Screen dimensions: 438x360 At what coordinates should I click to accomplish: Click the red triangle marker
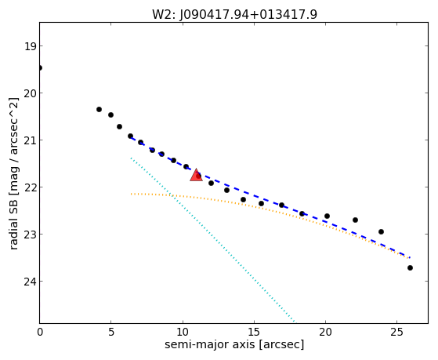click(196, 175)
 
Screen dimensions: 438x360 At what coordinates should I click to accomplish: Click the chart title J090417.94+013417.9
click(248, 15)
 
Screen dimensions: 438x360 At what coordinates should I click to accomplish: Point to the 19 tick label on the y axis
click(30, 46)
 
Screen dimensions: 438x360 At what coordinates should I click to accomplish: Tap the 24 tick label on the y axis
click(30, 282)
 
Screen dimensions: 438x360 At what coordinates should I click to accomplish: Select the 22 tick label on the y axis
click(30, 187)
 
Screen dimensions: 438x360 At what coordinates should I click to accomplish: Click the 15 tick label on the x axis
click(254, 332)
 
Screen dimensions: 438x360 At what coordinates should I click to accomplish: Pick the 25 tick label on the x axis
click(396, 332)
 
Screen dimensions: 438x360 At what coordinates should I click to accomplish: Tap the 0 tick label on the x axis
click(40, 332)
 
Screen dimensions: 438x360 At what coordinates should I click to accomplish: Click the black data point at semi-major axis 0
click(40, 67)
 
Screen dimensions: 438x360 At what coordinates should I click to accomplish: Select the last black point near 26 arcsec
click(410, 268)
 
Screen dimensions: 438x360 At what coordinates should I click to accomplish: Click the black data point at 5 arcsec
click(111, 115)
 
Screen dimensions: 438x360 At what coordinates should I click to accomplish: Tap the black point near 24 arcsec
click(381, 231)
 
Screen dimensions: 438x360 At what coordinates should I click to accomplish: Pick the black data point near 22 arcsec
click(355, 220)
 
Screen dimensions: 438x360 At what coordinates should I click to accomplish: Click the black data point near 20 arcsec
click(327, 216)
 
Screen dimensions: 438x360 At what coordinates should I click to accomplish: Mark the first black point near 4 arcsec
click(100, 109)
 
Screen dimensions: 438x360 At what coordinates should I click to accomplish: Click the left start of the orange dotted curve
click(131, 194)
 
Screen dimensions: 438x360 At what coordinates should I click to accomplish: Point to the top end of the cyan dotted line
click(131, 158)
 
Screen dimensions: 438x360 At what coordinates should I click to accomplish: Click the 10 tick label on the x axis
click(183, 332)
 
